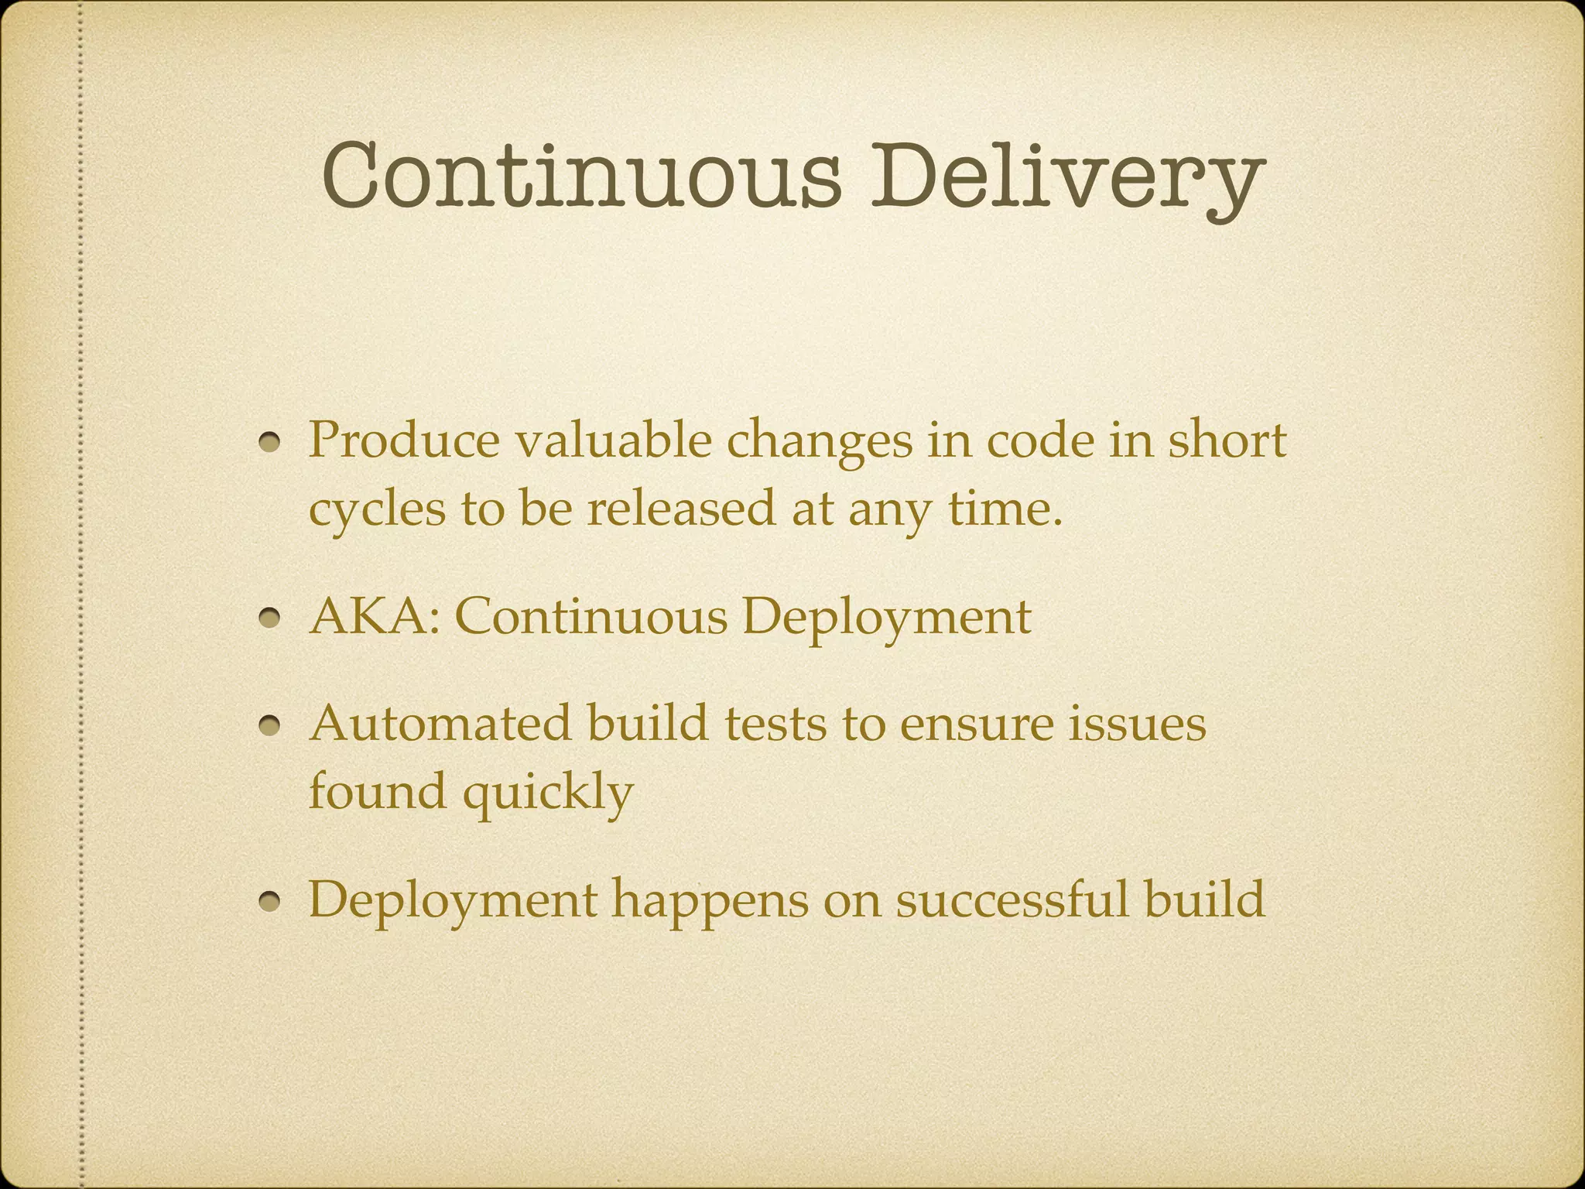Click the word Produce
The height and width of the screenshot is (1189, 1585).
[404, 441]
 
